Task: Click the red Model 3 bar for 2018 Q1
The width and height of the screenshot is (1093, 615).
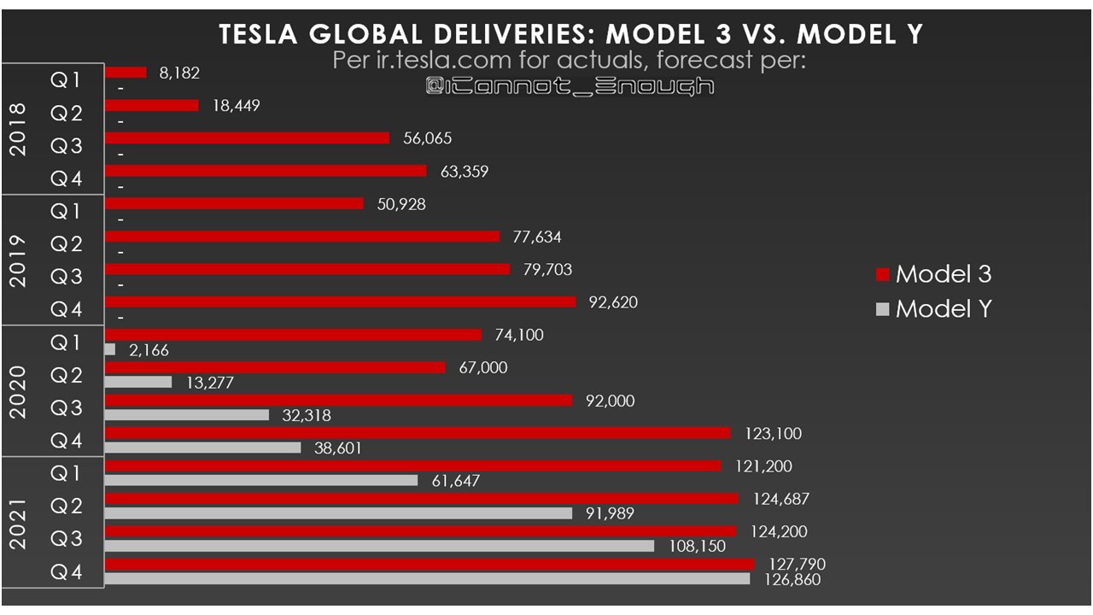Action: (x=125, y=73)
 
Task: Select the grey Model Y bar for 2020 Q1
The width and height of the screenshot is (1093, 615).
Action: (x=109, y=349)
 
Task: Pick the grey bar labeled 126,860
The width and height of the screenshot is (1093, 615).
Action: (x=427, y=579)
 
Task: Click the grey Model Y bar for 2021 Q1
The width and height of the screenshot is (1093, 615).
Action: (x=260, y=481)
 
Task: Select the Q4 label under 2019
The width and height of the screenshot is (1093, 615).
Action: (x=66, y=310)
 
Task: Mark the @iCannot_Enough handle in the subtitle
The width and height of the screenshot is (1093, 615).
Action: (x=570, y=85)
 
